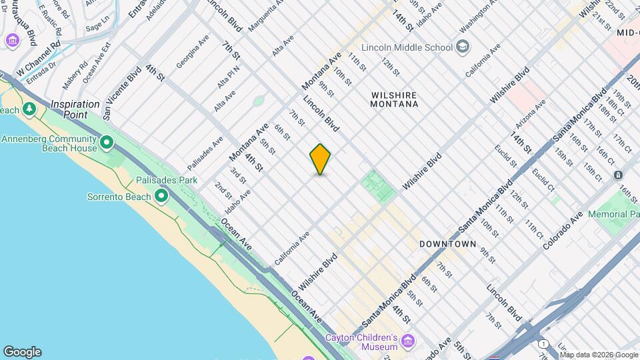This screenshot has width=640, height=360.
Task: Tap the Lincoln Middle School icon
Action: coord(463,47)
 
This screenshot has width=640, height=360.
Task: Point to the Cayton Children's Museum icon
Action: coord(408,341)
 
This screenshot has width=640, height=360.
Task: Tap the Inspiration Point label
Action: coord(75,109)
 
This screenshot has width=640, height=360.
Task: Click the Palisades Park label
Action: coord(167,180)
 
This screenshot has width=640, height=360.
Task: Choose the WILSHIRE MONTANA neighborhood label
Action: coord(395,99)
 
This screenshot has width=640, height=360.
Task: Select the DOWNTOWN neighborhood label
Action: coord(448,244)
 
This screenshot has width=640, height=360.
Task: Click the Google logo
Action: coord(22,352)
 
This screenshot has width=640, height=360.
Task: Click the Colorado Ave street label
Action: coord(563,231)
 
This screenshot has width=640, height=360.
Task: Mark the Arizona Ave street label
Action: coord(530,114)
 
